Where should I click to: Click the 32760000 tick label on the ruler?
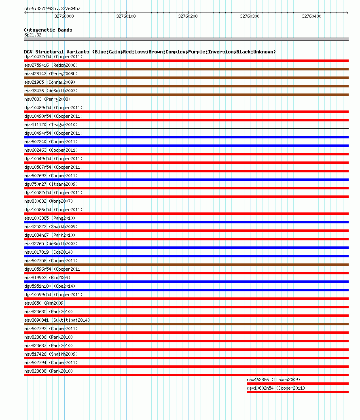coord(64,16)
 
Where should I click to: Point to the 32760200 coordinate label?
coord(188,16)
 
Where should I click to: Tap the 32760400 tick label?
coord(311,16)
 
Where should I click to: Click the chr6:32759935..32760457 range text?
coord(52,8)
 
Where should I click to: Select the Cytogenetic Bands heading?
coord(48,30)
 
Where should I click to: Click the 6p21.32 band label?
coord(33,35)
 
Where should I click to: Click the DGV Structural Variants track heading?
coord(150,52)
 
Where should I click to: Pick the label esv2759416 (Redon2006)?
coord(51,65)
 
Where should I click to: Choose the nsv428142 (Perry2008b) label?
coord(51,74)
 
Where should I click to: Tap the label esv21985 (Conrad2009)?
coord(50,82)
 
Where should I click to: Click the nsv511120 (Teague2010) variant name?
coord(51,125)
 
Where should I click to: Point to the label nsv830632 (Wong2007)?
coord(49,201)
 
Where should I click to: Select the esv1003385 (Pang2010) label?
coord(50,218)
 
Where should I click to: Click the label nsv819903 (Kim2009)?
coord(47,278)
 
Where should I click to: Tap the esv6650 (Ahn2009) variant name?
coord(45,303)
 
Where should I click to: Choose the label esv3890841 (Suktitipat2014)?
coord(57,320)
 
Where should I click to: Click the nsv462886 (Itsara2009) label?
coord(273,380)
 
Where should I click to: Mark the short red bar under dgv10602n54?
coord(298,392)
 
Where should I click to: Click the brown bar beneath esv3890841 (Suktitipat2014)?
coord(186,324)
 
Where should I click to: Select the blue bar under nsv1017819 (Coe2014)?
coord(186,256)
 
